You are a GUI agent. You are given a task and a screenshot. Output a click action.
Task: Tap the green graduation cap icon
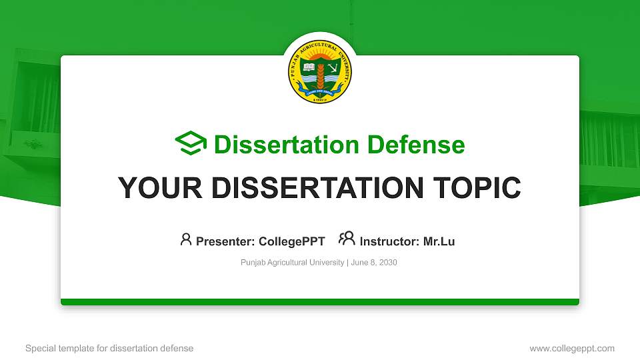191,144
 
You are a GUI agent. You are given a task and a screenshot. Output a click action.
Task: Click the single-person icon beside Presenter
186,239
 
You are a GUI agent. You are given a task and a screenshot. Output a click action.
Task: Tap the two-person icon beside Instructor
347,239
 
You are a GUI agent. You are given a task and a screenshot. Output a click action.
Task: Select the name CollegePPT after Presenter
292,241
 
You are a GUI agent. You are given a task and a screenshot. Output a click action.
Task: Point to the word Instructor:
390,241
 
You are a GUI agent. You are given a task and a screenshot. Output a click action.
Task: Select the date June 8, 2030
373,263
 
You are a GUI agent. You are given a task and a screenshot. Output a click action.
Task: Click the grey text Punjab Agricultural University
292,263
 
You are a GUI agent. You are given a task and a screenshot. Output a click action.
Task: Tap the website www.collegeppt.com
571,348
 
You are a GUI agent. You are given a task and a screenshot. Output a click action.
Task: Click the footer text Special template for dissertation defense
109,348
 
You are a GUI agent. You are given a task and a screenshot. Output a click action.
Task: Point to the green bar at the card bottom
320,302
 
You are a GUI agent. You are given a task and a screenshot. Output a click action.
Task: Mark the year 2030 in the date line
388,263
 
